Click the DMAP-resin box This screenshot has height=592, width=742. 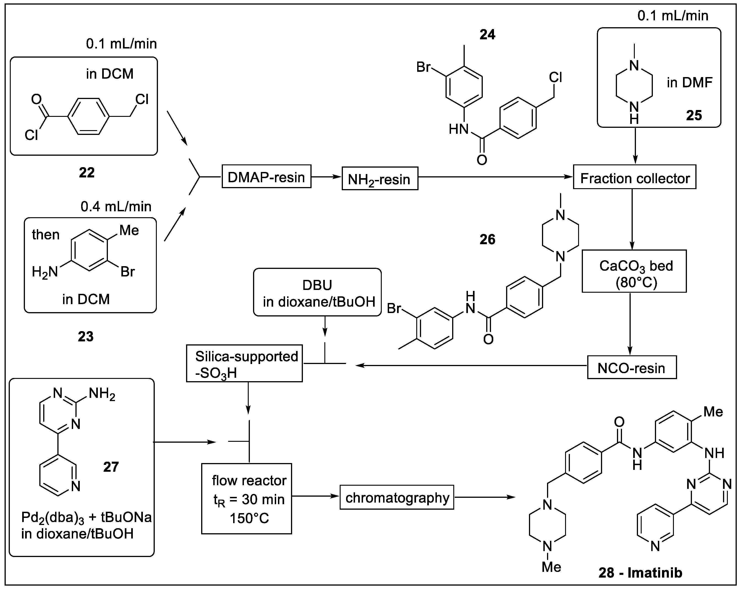[x=266, y=177]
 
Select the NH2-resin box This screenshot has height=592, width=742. [x=380, y=179]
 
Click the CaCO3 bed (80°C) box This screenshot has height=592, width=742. [x=634, y=271]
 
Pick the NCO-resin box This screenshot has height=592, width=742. [x=632, y=368]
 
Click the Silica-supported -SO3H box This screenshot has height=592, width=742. [x=244, y=364]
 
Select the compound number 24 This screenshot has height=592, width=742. [x=487, y=35]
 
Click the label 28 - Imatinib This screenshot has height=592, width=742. [x=640, y=572]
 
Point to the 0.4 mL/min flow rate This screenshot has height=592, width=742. [x=116, y=206]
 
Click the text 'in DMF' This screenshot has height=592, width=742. [x=689, y=83]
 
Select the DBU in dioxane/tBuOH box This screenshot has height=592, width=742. [x=317, y=292]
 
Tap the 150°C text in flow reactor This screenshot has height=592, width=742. [x=249, y=518]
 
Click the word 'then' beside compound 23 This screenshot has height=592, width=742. [x=46, y=235]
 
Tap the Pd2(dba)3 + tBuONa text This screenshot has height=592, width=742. [x=86, y=517]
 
